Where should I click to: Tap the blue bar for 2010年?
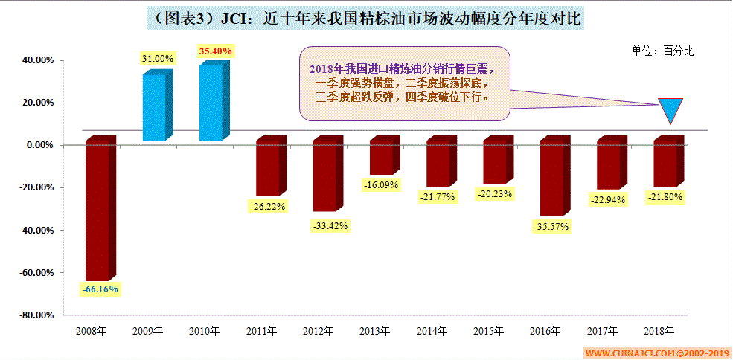(212, 103)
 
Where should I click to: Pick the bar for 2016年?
(553, 179)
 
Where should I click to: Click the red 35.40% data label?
(216, 51)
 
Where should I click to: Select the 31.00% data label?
(158, 58)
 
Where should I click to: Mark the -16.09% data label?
(382, 184)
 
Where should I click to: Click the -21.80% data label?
(665, 197)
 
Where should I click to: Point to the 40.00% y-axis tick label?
(36, 60)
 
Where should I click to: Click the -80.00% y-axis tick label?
(35, 315)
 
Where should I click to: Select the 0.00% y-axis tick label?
(39, 145)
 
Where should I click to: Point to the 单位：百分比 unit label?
(662, 51)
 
